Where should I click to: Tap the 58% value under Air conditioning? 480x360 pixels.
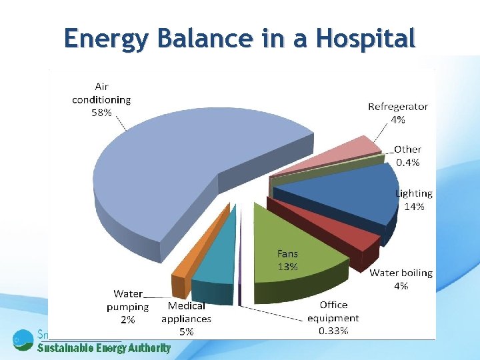(x=101, y=113)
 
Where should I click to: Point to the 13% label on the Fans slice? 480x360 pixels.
(x=287, y=267)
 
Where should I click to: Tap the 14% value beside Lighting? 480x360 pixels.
(x=414, y=207)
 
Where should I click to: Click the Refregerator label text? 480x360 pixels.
(x=398, y=107)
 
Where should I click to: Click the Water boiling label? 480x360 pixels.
(x=401, y=273)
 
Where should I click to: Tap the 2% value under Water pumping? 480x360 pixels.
(x=127, y=320)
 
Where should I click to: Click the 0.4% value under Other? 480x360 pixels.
(x=407, y=162)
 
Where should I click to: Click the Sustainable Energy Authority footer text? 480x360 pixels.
(x=103, y=347)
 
